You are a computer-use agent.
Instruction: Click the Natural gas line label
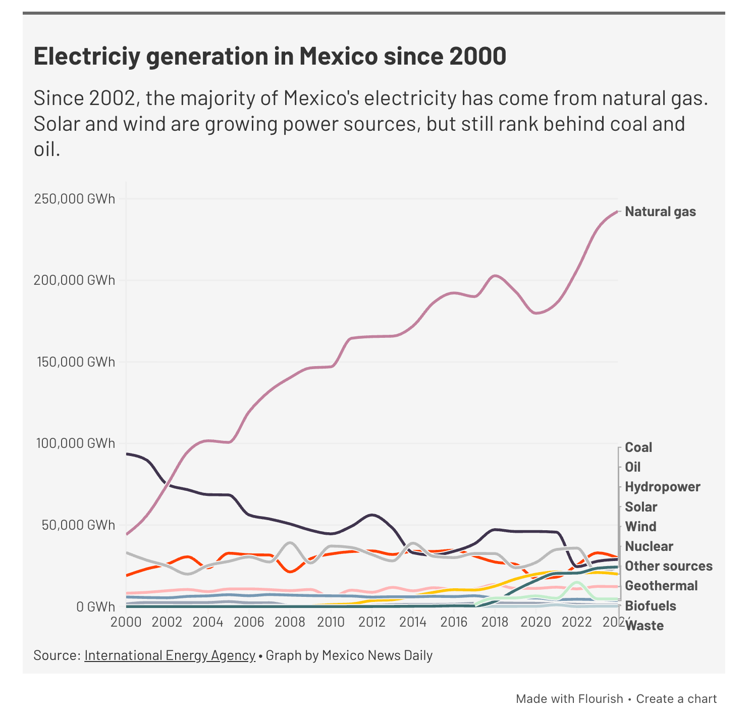(x=660, y=212)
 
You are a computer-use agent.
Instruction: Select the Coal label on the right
(x=638, y=447)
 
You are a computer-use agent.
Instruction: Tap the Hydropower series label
(x=663, y=487)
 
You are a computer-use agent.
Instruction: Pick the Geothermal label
(x=661, y=586)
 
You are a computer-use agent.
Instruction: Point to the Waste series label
(x=644, y=626)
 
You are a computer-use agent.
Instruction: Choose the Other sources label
(x=669, y=566)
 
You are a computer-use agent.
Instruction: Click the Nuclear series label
(x=649, y=546)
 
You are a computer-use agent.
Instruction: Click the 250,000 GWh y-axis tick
(x=75, y=199)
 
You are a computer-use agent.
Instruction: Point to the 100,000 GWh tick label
(x=75, y=443)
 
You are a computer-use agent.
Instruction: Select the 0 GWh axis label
(x=95, y=606)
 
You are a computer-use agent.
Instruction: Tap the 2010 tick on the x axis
(x=331, y=622)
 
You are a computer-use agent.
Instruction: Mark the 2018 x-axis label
(x=495, y=622)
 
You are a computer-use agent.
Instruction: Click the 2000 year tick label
(x=126, y=622)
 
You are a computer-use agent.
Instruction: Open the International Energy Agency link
(x=170, y=655)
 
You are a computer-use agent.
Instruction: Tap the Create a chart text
(x=676, y=699)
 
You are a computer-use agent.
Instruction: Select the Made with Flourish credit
(x=569, y=699)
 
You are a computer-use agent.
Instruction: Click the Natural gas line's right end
(x=617, y=212)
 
